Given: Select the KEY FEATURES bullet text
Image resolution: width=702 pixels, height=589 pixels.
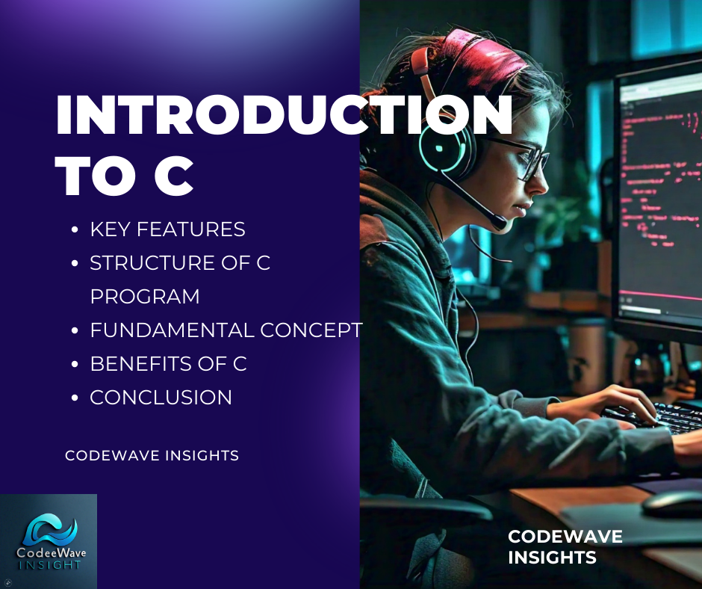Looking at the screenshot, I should point(167,229).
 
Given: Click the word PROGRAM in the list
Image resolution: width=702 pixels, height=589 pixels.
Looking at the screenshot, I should point(145,297).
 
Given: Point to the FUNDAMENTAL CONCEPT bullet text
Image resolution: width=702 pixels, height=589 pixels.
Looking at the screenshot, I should point(226,330).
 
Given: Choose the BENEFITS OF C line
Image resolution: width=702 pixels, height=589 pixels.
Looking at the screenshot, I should point(168,364).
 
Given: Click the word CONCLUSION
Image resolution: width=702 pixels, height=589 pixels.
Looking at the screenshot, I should point(161,398).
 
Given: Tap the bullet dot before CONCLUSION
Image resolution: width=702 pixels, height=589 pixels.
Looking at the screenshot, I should point(75,398).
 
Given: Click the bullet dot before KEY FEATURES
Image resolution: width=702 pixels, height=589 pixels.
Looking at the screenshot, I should point(75,230).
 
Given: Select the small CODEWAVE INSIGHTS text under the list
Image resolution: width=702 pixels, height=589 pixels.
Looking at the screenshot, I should point(152,455).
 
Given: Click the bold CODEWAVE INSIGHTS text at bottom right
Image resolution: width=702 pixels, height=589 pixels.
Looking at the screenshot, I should point(565,547).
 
